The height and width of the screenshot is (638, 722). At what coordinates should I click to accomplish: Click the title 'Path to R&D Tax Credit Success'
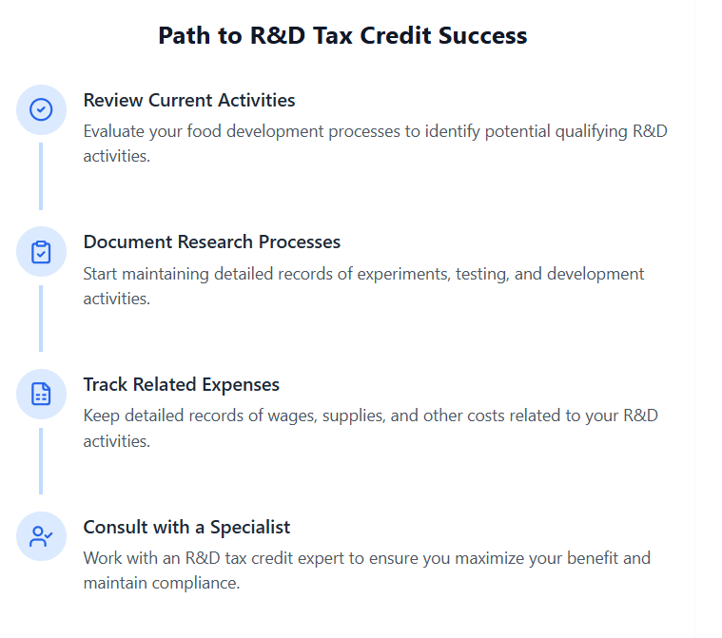[x=342, y=36]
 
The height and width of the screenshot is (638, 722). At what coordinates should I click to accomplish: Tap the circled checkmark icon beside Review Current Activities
[x=41, y=109]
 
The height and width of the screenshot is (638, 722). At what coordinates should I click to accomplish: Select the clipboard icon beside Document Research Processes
[x=41, y=252]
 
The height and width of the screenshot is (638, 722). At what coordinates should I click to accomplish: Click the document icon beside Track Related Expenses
[x=41, y=394]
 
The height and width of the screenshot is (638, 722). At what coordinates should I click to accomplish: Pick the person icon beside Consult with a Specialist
[x=41, y=536]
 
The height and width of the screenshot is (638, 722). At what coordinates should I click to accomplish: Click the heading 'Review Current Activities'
[x=189, y=100]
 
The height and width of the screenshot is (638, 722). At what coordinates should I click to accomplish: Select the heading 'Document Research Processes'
[x=211, y=242]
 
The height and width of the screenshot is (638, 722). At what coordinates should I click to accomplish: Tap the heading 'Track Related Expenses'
[x=181, y=384]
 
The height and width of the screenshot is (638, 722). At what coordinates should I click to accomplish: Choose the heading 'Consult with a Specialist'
[x=186, y=527]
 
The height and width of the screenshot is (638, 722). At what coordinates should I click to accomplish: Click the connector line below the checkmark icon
[x=41, y=176]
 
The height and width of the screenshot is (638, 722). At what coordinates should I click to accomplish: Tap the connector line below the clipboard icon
[x=41, y=318]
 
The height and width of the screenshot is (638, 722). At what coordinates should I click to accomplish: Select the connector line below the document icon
[x=41, y=460]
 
